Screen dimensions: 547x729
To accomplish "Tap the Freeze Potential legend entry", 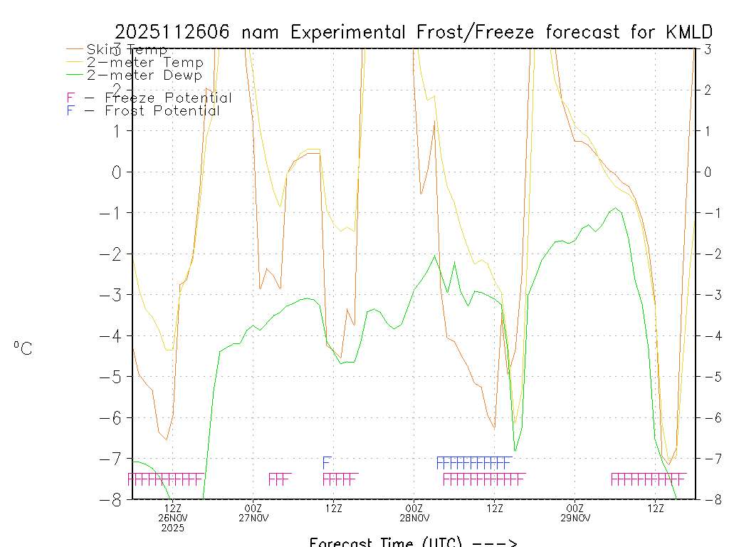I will (x=150, y=98).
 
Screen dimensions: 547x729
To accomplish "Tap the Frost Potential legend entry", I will (x=143, y=111).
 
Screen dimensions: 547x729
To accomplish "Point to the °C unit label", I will (x=23, y=348).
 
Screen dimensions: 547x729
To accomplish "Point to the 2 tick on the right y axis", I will (x=708, y=90).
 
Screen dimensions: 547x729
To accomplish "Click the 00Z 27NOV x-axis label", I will (x=253, y=513).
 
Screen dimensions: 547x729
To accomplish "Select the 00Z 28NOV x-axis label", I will (x=414, y=513).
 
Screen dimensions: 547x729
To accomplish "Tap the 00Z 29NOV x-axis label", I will (x=575, y=513).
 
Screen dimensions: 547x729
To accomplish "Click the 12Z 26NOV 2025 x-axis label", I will (x=173, y=518).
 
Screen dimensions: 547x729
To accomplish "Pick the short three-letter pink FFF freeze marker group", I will (x=280, y=479).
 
